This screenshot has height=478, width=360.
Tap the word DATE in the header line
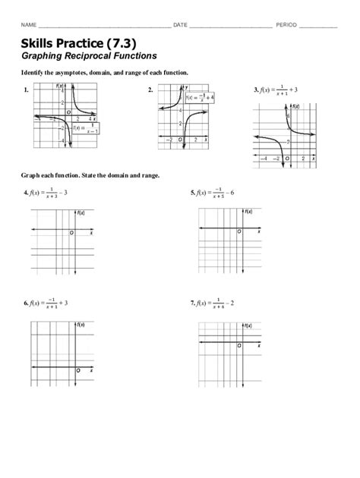coord(180,26)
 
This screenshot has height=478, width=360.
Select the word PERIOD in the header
coord(286,26)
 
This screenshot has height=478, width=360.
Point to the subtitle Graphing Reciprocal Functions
coord(90,55)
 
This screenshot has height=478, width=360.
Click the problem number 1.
coord(26,90)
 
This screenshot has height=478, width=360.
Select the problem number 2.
coord(150,90)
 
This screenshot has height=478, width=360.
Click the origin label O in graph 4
coord(71,234)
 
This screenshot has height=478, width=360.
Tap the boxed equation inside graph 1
coord(89,129)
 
